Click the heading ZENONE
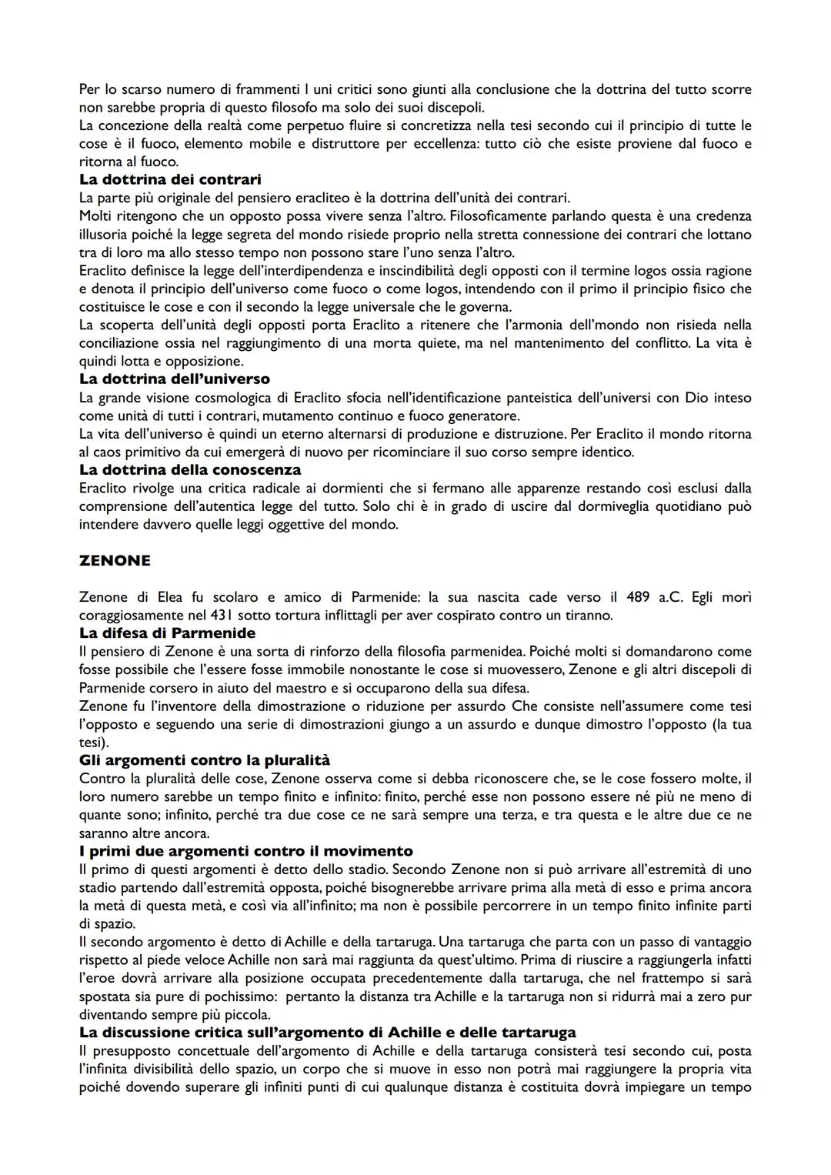(x=115, y=561)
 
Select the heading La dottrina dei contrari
(x=170, y=179)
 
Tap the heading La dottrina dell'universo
(x=175, y=379)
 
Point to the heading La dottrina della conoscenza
(x=190, y=469)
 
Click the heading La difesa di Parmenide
(x=168, y=633)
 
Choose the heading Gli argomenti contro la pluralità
(x=205, y=760)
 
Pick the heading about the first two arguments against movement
(x=245, y=851)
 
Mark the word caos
(x=108, y=452)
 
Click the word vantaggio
(x=722, y=942)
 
